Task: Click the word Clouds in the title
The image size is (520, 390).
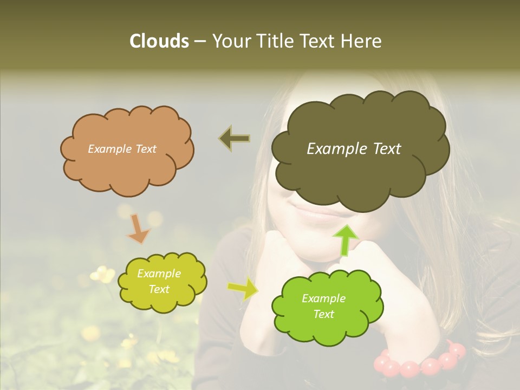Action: click(159, 41)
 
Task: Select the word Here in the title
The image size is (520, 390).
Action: click(363, 41)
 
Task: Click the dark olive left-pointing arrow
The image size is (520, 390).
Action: click(235, 139)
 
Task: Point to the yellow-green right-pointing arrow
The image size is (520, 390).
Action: click(242, 289)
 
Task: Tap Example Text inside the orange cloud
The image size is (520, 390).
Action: click(122, 149)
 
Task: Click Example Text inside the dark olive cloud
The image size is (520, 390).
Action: click(354, 149)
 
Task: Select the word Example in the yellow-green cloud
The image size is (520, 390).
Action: click(159, 274)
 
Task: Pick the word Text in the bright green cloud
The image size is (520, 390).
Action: click(323, 314)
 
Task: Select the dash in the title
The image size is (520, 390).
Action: click(199, 41)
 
